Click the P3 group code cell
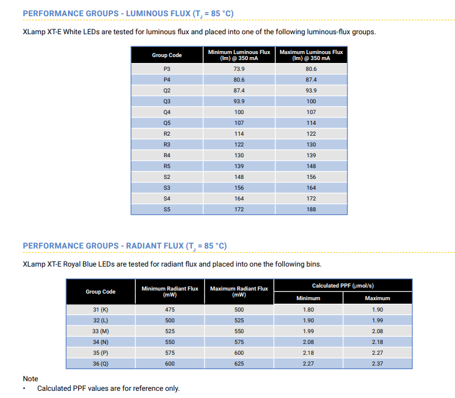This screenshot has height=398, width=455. pos(167,69)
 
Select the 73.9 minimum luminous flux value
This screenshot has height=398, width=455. pos(239,69)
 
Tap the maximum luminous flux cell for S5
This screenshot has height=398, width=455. pos(311,210)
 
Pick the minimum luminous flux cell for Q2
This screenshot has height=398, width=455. pos(239,91)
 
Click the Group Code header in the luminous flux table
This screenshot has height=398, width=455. pos(167,55)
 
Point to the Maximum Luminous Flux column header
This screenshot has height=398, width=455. pos(311,55)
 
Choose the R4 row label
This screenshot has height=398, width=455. pos(167,155)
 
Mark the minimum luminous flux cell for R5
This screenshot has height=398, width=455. pos(239,166)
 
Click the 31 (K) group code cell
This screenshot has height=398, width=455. pos(101,310)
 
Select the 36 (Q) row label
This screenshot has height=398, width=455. pos(101,364)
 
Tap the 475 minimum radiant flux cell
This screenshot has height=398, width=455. pos(170,310)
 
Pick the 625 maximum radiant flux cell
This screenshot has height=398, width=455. pos(239,364)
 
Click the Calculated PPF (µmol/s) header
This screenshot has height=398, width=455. pos(343,286)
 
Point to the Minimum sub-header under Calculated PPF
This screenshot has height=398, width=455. pos(308,298)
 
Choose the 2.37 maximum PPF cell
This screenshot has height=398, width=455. pos(377,364)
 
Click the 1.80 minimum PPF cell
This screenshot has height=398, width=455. pos(308,310)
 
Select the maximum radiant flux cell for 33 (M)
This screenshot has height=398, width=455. pos(239,331)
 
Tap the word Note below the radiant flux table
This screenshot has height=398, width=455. pos(31,379)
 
